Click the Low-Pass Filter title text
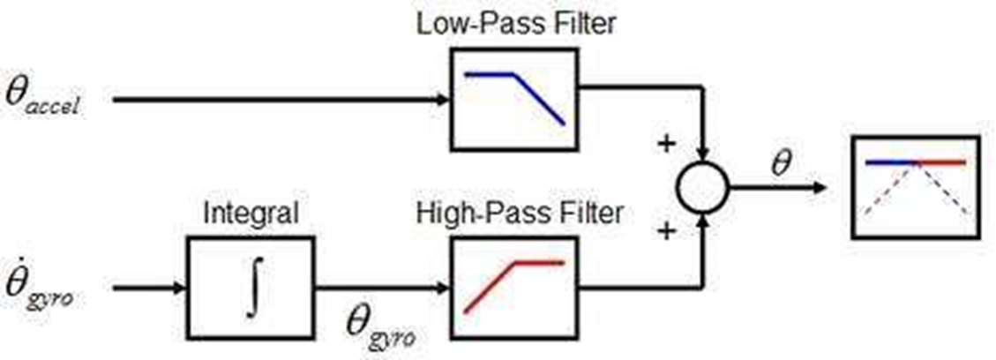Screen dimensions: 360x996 (x=515, y=23)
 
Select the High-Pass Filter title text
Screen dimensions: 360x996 (x=519, y=214)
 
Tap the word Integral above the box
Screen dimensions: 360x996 (x=251, y=214)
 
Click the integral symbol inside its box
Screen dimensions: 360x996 (x=251, y=288)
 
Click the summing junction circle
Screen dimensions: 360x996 (x=702, y=186)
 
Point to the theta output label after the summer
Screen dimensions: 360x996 (x=781, y=163)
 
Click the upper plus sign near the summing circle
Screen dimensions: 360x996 (x=663, y=142)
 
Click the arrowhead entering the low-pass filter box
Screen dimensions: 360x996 (x=445, y=99)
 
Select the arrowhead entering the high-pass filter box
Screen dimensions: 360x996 (x=445, y=288)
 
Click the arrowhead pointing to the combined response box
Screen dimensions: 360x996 (x=820, y=186)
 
